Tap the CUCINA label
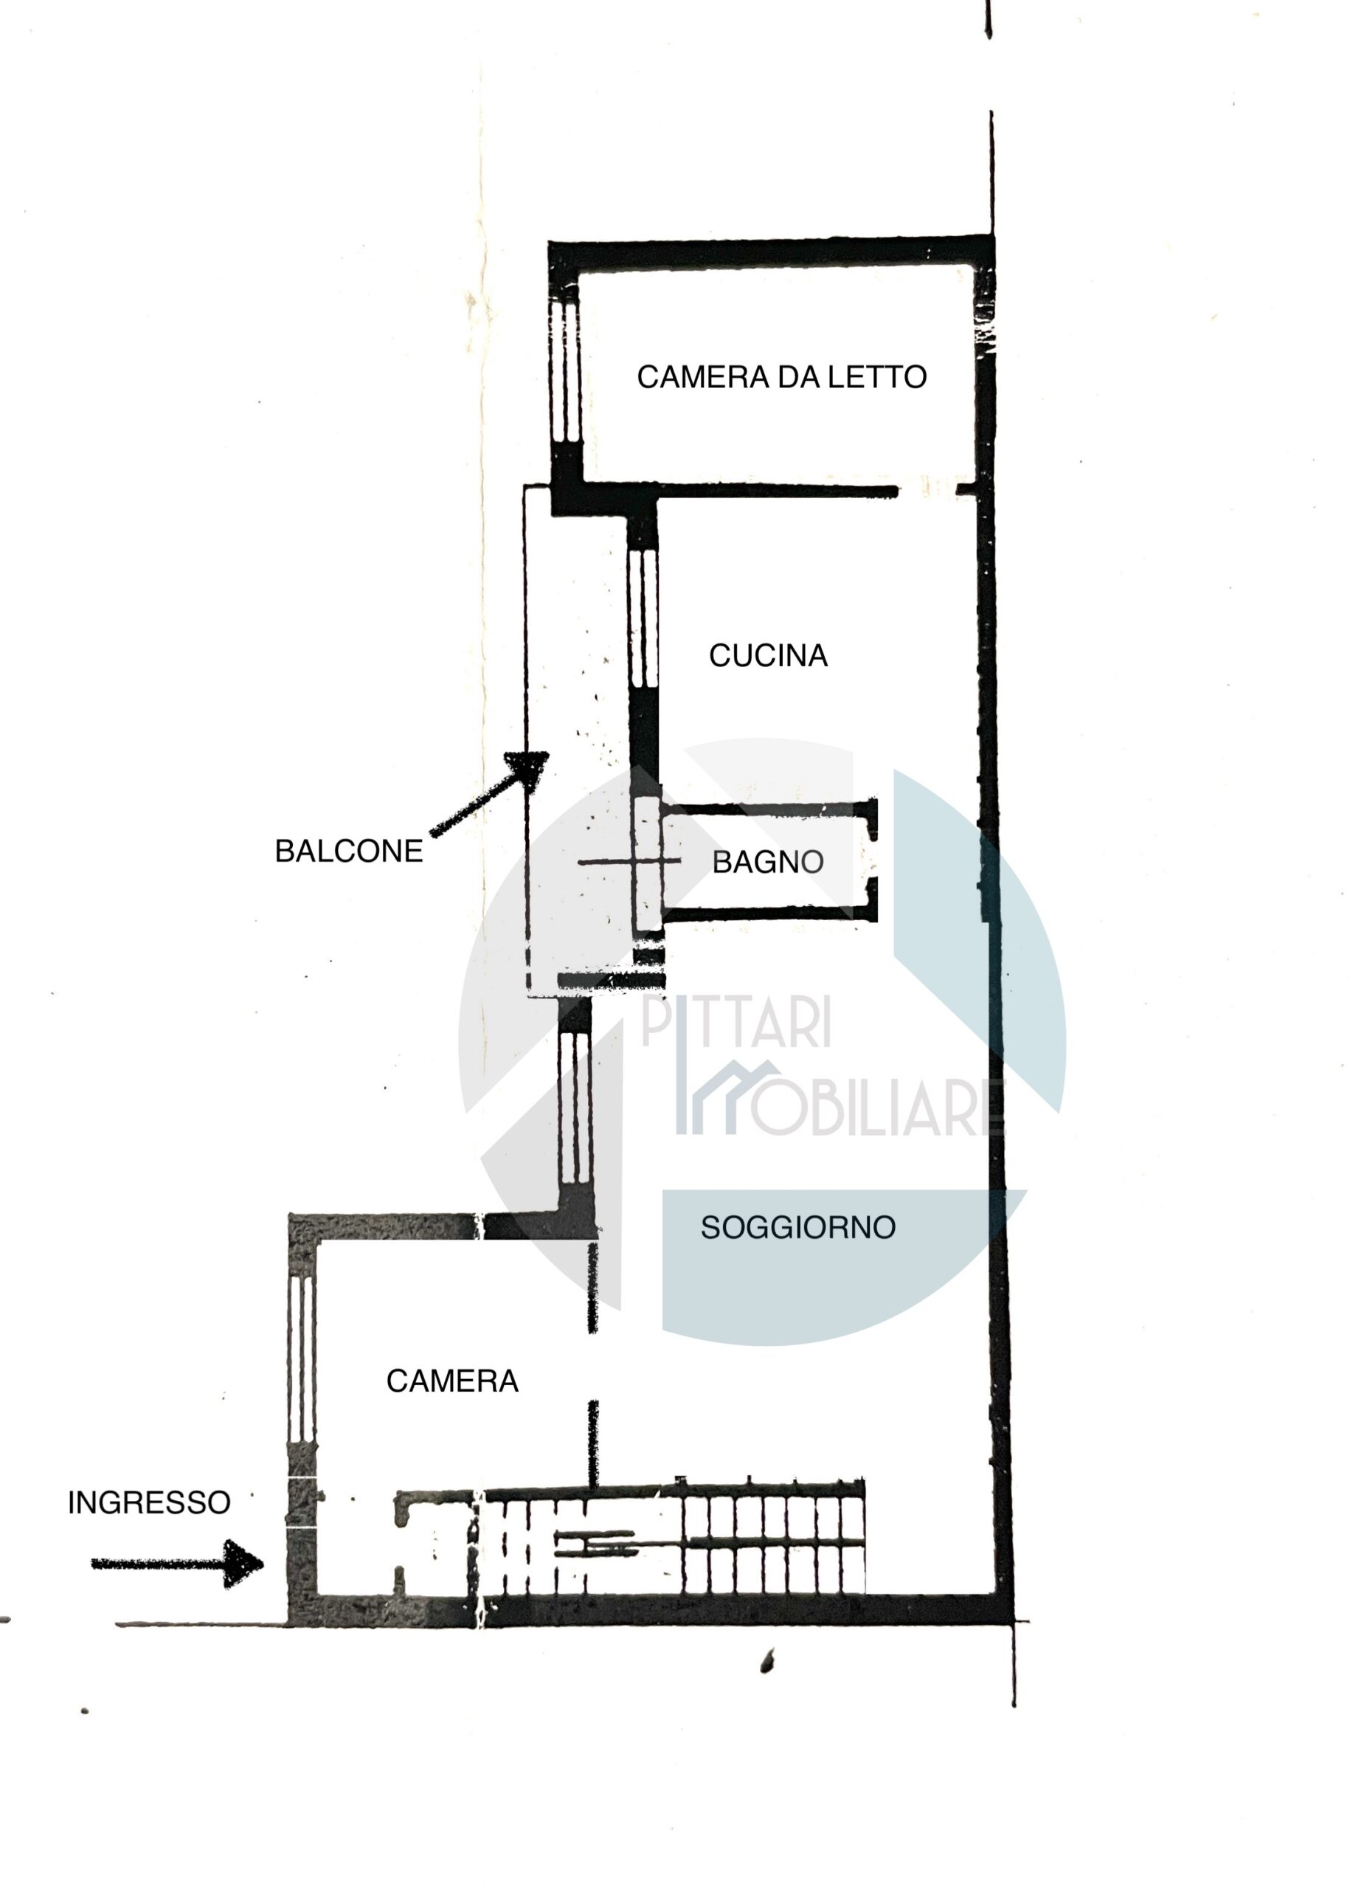768,655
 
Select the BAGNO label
768,861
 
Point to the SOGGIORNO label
798,1227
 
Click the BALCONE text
349,851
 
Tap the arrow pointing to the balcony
490,793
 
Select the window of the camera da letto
565,373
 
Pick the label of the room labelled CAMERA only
452,1381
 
